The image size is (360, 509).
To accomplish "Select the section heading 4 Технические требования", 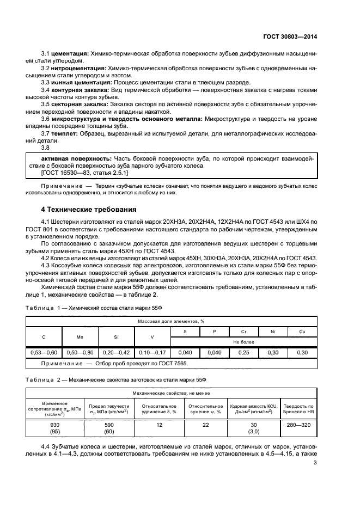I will coord(85,210).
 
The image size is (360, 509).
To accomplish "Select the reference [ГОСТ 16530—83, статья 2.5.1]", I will coord(84,173).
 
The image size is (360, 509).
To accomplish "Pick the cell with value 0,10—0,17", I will coord(152,353).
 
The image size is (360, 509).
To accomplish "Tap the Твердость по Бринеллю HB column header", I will coord(298,409).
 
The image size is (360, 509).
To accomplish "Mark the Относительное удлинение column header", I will coord(159,409).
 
